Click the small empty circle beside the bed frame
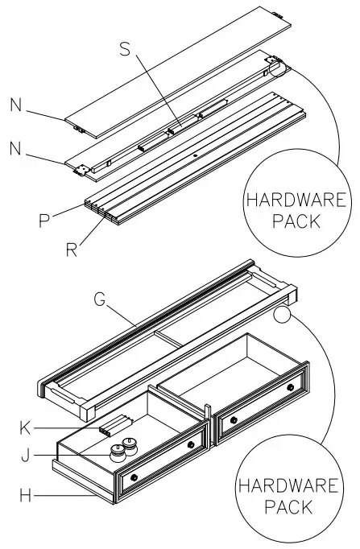(x=283, y=313)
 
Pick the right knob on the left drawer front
(x=191, y=445)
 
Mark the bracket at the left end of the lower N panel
(x=81, y=170)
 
